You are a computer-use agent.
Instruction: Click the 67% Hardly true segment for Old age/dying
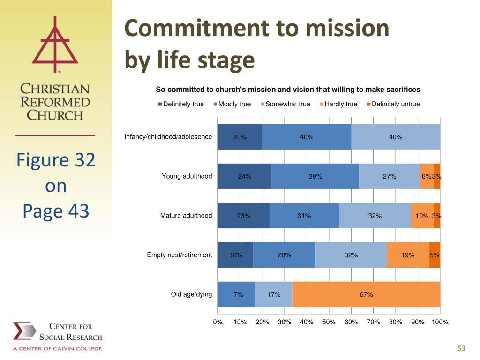tap(366, 294)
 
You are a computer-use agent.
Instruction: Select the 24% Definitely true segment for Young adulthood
tap(245, 176)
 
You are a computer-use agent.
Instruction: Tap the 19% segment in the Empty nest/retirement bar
tap(408, 255)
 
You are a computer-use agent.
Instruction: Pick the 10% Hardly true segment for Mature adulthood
tap(422, 216)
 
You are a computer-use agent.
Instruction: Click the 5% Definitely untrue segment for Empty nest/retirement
tap(435, 255)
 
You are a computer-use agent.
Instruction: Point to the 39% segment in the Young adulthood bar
tap(315, 176)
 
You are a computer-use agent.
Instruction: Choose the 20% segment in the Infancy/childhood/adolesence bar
tap(240, 137)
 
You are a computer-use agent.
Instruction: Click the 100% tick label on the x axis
tap(440, 322)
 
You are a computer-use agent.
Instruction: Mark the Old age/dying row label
tap(191, 294)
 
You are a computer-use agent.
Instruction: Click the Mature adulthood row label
tap(186, 216)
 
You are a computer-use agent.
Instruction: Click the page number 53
tap(461, 348)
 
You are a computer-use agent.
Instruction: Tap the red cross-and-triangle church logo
tap(55, 45)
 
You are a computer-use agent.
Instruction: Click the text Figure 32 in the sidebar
tap(56, 160)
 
